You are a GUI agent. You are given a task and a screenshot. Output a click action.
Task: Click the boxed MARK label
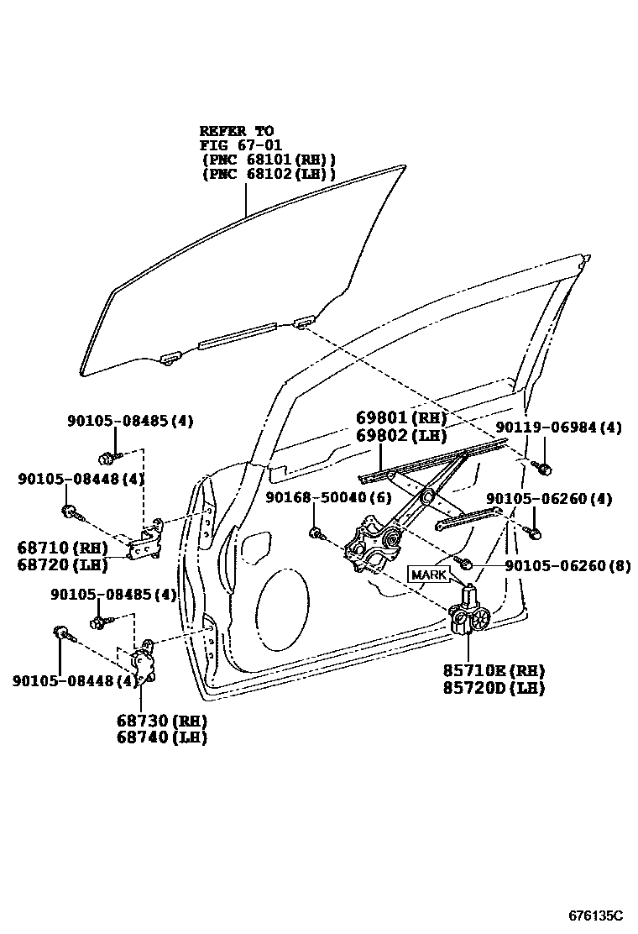pos(429,575)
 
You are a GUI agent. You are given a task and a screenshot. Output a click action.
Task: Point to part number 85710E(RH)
pos(494,671)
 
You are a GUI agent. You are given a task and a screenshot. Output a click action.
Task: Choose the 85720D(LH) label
pos(494,688)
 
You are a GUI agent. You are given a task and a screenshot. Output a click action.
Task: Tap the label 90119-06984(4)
pos(558,428)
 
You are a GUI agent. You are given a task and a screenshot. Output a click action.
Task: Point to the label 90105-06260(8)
pos(567,566)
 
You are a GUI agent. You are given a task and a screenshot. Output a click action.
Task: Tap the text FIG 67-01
pos(238,144)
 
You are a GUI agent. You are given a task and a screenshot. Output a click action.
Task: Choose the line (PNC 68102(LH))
pos(268,174)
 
